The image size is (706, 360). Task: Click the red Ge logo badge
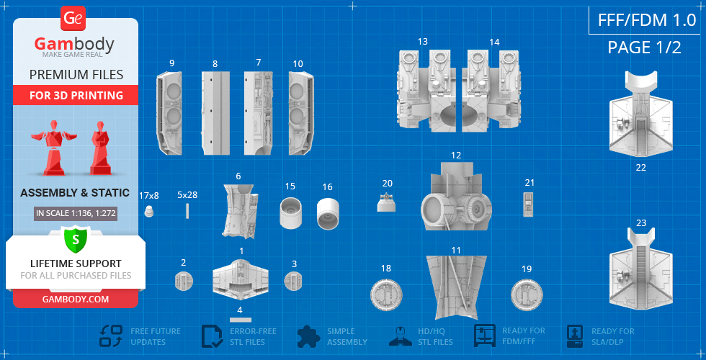pyautogui.click(x=73, y=19)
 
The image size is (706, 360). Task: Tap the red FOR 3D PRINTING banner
pyautogui.click(x=76, y=95)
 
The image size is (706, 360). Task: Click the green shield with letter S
pyautogui.click(x=76, y=240)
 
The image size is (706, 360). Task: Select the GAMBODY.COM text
pyautogui.click(x=76, y=299)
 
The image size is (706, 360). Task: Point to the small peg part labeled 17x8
pyautogui.click(x=149, y=210)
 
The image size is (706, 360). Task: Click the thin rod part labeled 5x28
pyautogui.click(x=187, y=210)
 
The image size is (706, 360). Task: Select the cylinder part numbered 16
pyautogui.click(x=328, y=212)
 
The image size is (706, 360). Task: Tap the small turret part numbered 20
pyautogui.click(x=386, y=202)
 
